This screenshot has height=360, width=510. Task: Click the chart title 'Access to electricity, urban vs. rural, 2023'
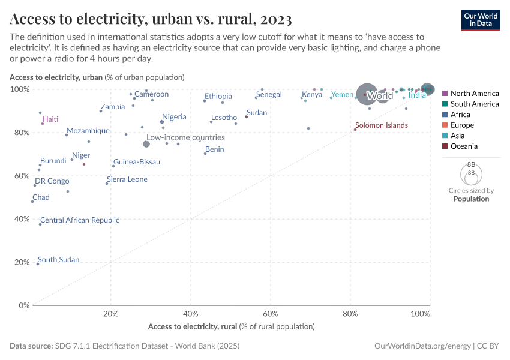click(151, 20)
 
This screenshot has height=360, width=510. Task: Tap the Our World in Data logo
click(481, 20)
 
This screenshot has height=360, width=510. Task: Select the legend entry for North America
click(474, 94)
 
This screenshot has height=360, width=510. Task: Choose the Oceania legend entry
click(464, 146)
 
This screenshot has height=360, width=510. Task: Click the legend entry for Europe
click(462, 125)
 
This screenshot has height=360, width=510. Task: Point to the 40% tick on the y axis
click(22, 219)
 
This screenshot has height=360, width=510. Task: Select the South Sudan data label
click(58, 260)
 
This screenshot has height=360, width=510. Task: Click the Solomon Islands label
click(381, 125)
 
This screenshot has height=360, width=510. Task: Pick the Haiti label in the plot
click(50, 119)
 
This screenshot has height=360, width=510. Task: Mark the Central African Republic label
click(80, 220)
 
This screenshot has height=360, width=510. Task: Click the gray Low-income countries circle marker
click(146, 144)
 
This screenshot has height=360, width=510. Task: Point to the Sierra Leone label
click(127, 179)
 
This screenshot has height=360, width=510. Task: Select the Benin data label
click(215, 149)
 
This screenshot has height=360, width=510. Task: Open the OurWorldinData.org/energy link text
click(422, 346)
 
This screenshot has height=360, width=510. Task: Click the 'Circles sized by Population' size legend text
click(471, 194)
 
